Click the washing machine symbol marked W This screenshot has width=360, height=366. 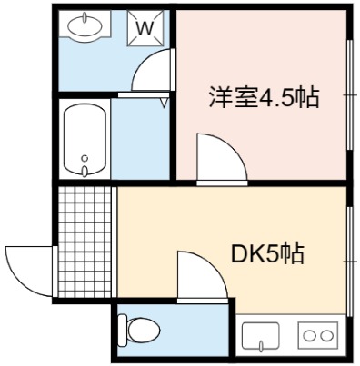(x=145, y=28)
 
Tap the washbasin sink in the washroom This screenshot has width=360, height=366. (x=85, y=25)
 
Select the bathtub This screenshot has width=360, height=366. (x=85, y=140)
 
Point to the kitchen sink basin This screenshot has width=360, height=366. (x=261, y=335)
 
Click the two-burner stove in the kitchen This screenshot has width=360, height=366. (x=318, y=335)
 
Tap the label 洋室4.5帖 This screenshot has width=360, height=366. (x=264, y=97)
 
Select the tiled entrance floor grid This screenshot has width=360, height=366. (x=85, y=242)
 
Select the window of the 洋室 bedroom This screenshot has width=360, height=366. (x=350, y=94)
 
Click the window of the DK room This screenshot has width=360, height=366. (x=350, y=262)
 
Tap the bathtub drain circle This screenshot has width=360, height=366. (x=85, y=158)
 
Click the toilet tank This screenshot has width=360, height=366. (x=122, y=331)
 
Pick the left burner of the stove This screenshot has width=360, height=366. (x=310, y=336)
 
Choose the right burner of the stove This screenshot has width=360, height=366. (x=326, y=336)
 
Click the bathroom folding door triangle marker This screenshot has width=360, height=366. (x=165, y=103)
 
